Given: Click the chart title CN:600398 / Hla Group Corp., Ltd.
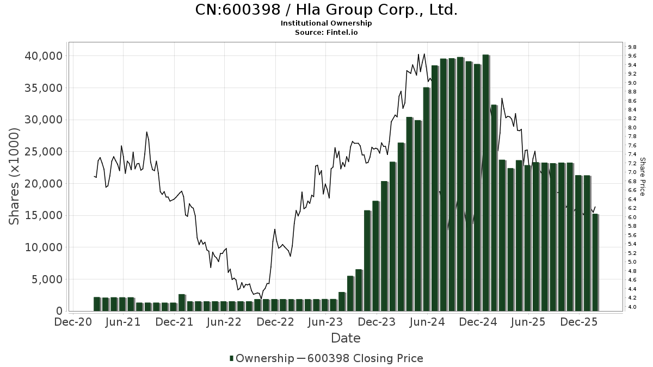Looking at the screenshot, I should point(326,10).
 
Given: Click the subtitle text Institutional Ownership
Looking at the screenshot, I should point(326,23).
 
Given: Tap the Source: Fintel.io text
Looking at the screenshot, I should point(326,32).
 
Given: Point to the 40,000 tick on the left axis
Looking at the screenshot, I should point(44,56).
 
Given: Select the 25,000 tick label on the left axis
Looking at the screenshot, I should point(44,152).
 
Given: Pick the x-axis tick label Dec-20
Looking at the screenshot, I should point(73,322).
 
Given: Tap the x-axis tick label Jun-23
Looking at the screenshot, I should point(325,322).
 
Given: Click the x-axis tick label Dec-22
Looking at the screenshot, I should point(275,322).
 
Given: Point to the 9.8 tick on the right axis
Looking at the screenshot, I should point(632,47).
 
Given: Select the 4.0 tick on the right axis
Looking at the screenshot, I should point(632,307).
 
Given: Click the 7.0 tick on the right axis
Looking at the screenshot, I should point(632,172).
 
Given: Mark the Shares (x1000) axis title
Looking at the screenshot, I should point(15,177).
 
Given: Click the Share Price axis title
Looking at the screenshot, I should point(643,177).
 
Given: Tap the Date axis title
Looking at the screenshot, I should point(346,338).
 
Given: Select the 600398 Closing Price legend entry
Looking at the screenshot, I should point(364,358).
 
